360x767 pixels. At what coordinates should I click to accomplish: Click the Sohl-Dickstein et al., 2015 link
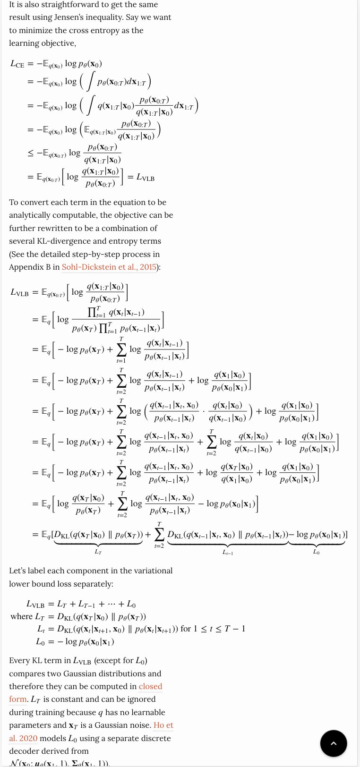pyautogui.click(x=109, y=267)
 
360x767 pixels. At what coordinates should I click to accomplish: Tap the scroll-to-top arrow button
pyautogui.click(x=333, y=743)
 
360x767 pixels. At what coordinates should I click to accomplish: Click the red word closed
pyautogui.click(x=150, y=686)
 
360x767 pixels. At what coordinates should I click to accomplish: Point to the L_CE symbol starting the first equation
pyautogui.click(x=17, y=64)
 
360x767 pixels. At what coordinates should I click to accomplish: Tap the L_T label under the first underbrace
pyautogui.click(x=98, y=551)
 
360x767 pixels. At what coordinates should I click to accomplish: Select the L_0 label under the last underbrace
pyautogui.click(x=316, y=551)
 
